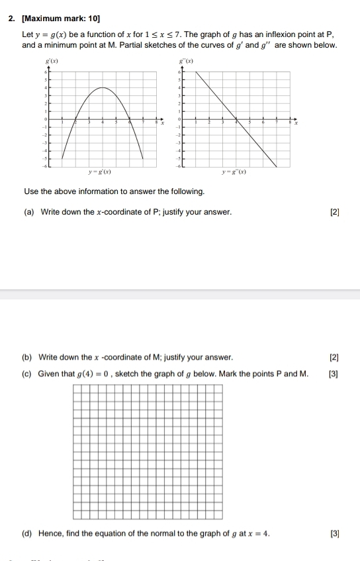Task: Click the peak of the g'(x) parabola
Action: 102,87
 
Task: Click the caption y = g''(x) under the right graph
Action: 235,172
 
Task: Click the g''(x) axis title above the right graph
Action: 178,60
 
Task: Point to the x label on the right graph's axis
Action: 297,123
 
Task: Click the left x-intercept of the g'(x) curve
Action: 75,123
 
